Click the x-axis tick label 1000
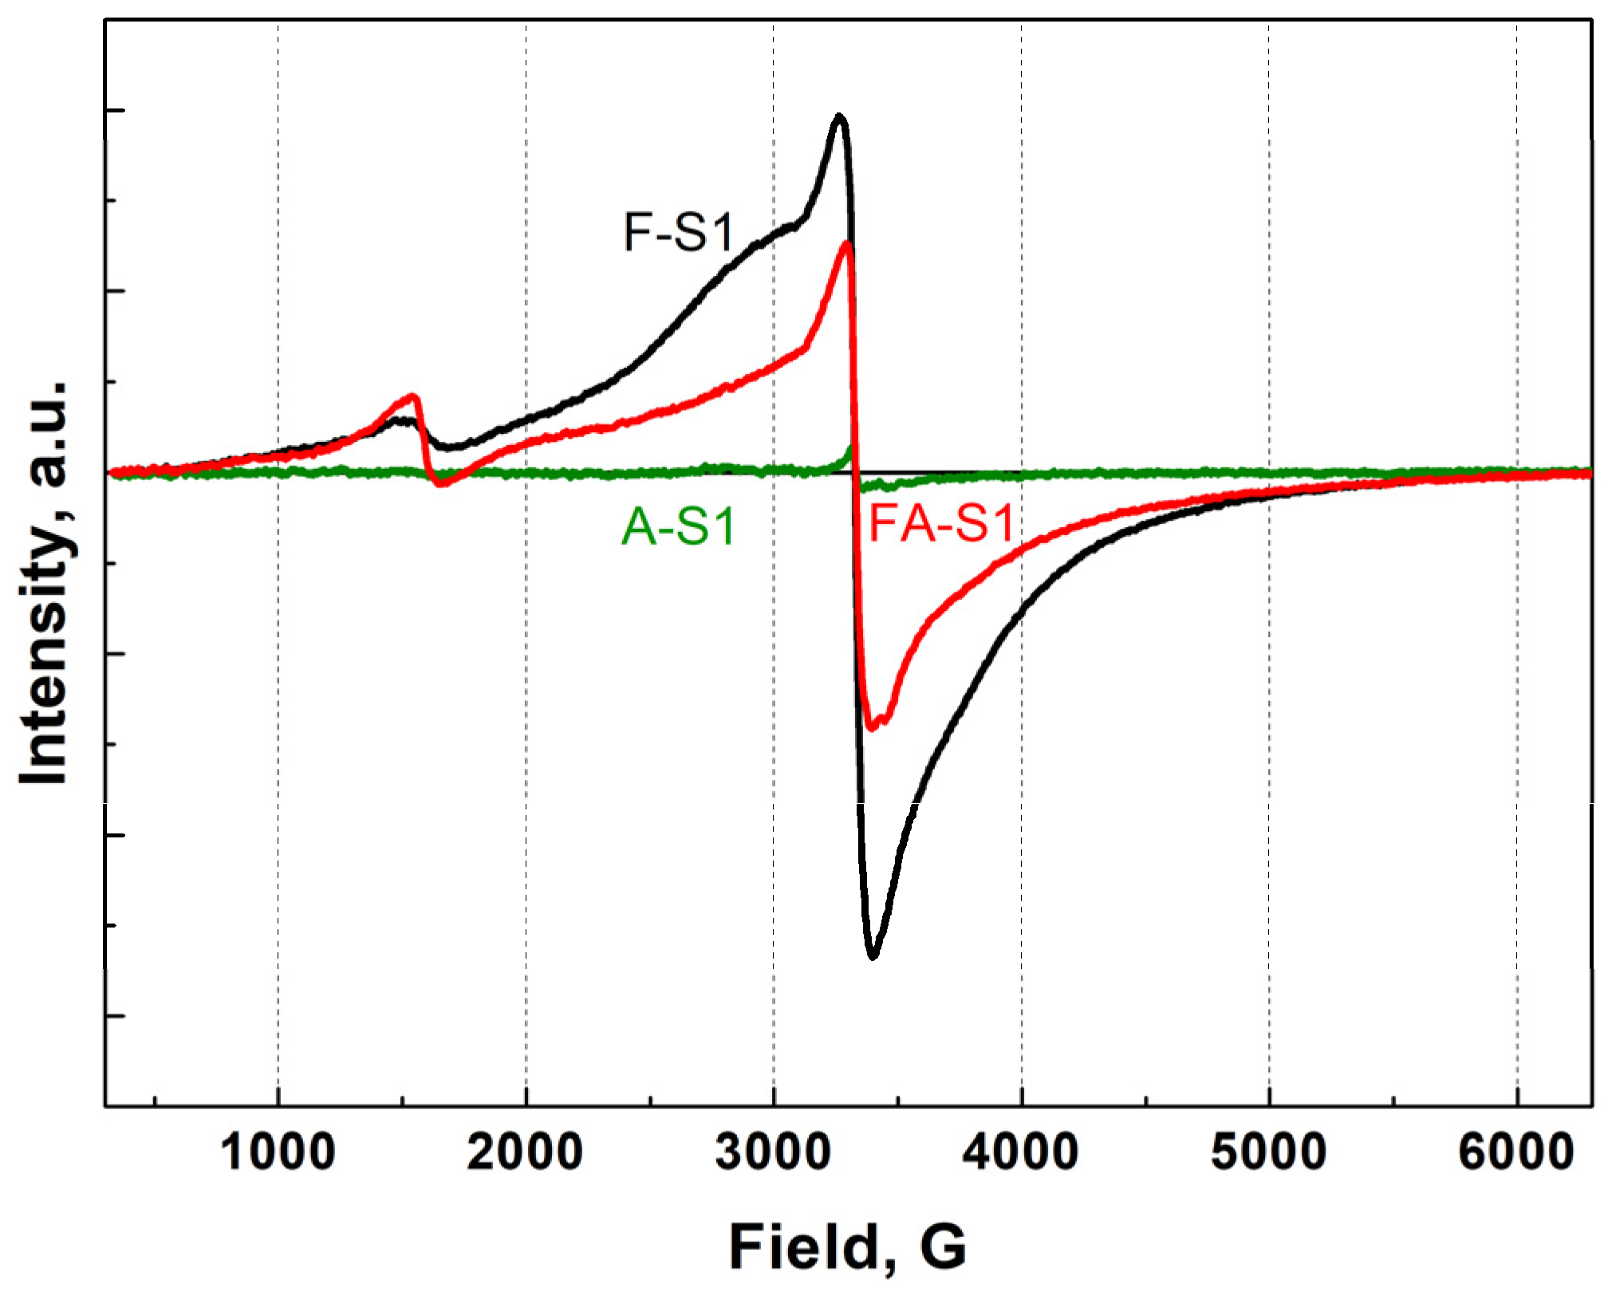click(x=277, y=1153)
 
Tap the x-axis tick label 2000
click(x=525, y=1153)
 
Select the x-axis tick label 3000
click(x=773, y=1153)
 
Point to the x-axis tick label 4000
click(x=1021, y=1153)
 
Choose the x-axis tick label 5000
click(x=1268, y=1153)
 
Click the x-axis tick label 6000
click(x=1516, y=1153)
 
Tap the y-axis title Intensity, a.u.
click(x=45, y=582)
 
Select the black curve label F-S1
click(x=678, y=232)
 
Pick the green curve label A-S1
click(x=678, y=527)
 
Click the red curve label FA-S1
click(x=941, y=525)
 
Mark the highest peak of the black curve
click(x=838, y=116)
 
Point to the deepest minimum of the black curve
click(x=873, y=955)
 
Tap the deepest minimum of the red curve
click(x=872, y=727)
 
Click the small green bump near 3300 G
click(x=849, y=451)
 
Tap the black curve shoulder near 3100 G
click(x=796, y=224)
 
